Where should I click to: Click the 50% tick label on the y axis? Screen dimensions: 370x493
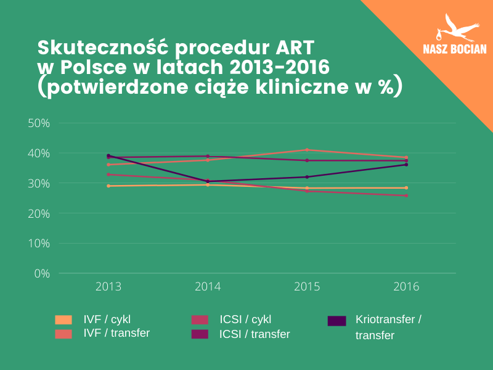[x=39, y=123]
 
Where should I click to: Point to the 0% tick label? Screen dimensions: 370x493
[x=41, y=273]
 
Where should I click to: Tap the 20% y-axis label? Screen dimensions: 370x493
[x=39, y=213]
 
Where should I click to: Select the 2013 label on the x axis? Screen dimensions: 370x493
[x=108, y=287]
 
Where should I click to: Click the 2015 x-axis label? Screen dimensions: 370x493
[x=307, y=287]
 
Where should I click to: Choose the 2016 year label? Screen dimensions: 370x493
[x=406, y=287]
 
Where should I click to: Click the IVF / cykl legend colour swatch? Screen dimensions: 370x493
[x=63, y=319]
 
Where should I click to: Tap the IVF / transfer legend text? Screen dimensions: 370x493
[x=116, y=333]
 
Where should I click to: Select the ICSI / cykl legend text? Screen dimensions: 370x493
[x=245, y=319]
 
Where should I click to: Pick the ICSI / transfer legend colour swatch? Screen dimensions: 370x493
[x=200, y=334]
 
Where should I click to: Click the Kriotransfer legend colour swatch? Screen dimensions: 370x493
[x=336, y=320]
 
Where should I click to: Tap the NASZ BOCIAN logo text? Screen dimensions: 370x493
[x=455, y=50]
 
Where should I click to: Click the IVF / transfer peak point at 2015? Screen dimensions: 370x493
[x=307, y=150]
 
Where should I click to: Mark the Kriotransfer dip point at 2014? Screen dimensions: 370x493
[x=208, y=181]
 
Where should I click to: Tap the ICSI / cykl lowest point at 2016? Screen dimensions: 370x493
[x=406, y=195]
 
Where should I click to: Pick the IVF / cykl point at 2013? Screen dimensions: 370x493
[x=108, y=186]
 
